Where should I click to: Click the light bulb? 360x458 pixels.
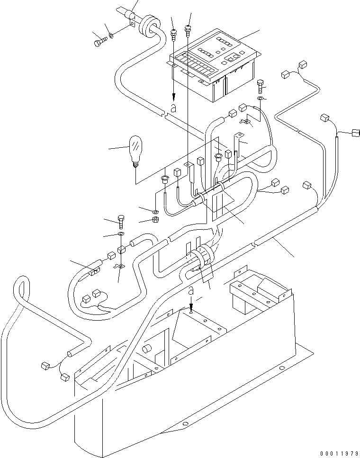point(135,150)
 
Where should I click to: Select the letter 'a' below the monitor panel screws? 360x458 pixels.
point(173,108)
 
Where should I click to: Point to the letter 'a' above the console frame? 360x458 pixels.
point(190,291)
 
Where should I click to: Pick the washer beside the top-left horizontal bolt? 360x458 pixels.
point(111,35)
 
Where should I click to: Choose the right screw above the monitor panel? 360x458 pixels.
point(189,29)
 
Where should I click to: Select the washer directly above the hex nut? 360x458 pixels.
point(156,210)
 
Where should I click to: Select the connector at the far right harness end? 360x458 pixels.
point(355,133)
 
